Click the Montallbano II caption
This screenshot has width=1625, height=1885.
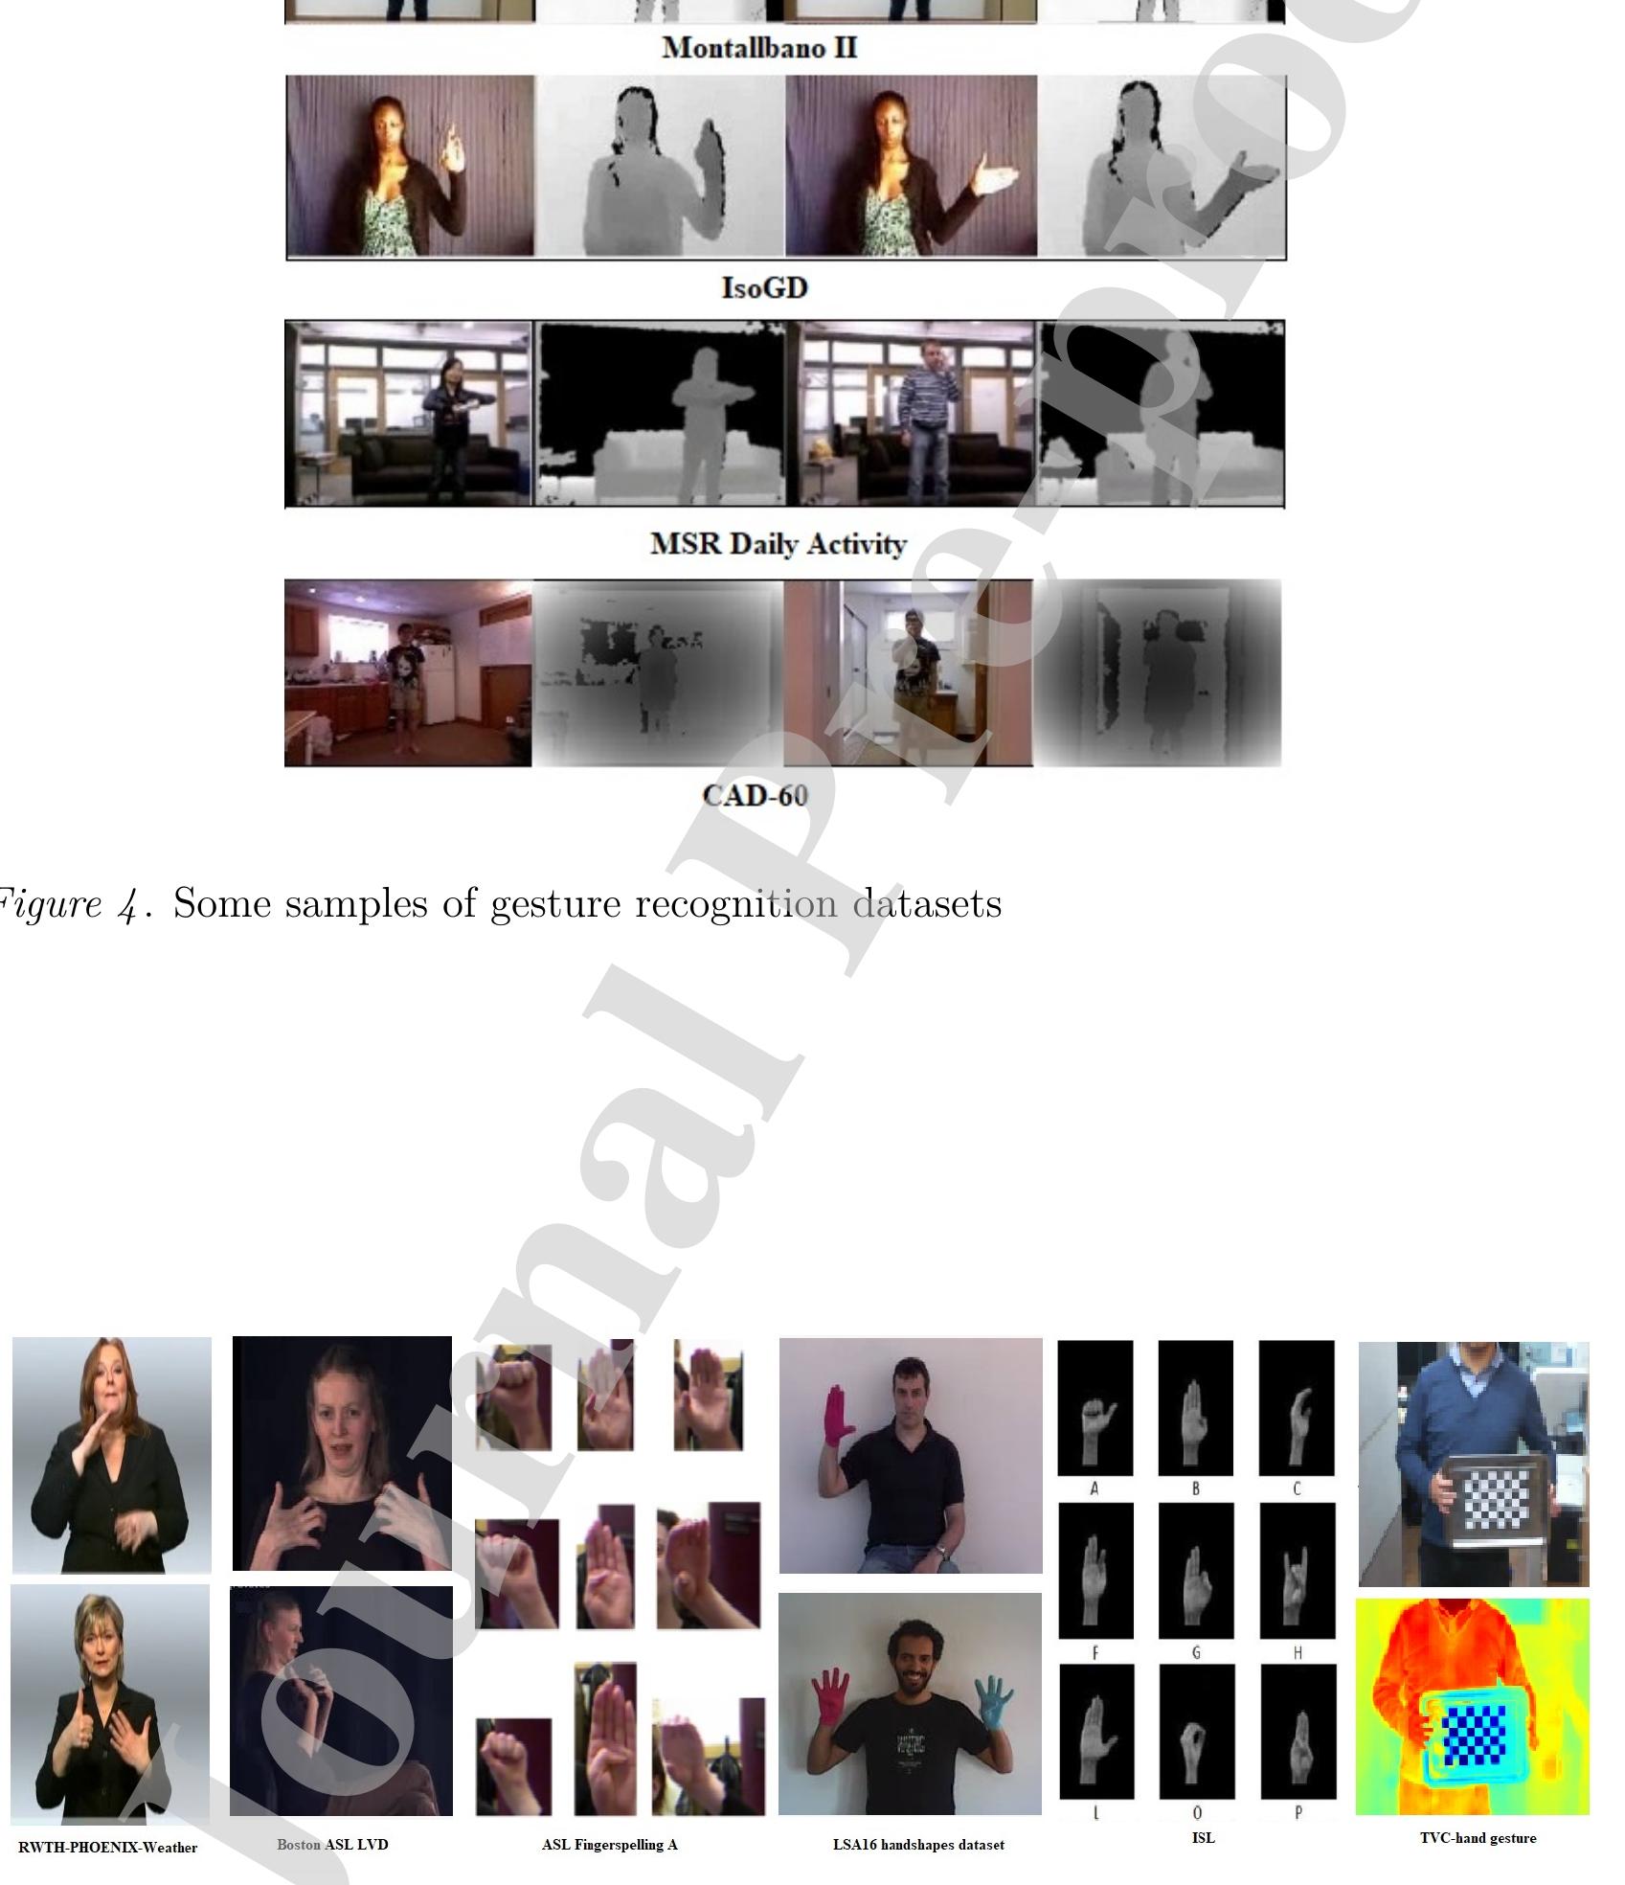[x=759, y=47]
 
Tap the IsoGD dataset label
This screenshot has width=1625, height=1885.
[x=764, y=287]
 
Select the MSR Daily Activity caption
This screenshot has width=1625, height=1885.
[x=778, y=543]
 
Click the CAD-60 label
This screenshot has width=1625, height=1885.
[x=755, y=795]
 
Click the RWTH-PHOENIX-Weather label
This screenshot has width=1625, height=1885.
[x=107, y=1848]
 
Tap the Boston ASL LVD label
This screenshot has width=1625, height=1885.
[x=332, y=1844]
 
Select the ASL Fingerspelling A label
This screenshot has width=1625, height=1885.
[x=609, y=1844]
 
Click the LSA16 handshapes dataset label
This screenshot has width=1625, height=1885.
[x=918, y=1844]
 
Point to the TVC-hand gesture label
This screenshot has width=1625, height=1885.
[x=1478, y=1837]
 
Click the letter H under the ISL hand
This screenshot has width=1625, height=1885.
[x=1297, y=1652]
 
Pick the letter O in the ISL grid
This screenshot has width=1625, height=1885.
[x=1196, y=1812]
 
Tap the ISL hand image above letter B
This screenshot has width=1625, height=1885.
[x=1195, y=1407]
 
